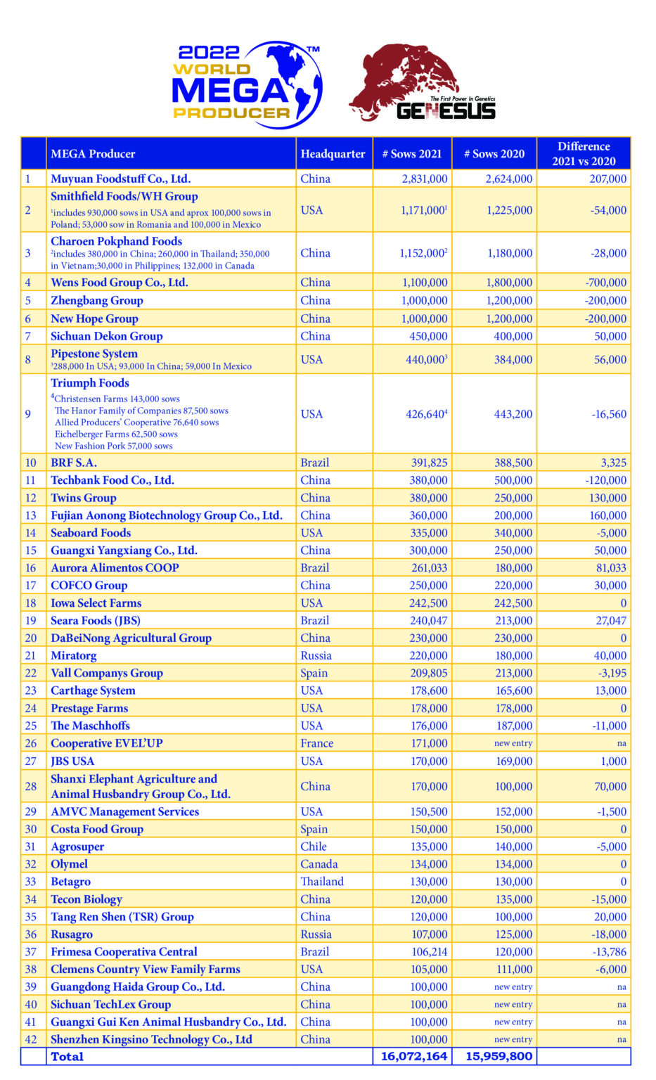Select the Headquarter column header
[x=333, y=154]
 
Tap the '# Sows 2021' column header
[x=411, y=154]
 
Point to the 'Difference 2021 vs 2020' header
[x=584, y=154]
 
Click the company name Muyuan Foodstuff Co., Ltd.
[x=120, y=179]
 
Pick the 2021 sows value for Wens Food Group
[x=424, y=283]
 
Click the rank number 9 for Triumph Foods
[x=28, y=414]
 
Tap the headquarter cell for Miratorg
[x=316, y=655]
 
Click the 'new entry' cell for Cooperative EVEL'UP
[x=513, y=743]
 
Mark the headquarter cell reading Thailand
[x=322, y=882]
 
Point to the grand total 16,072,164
[x=413, y=1056]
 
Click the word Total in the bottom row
[x=67, y=1056]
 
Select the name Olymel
[x=69, y=864]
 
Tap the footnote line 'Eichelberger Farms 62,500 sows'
[x=116, y=434]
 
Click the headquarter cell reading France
[x=316, y=743]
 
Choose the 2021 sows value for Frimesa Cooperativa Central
[x=429, y=952]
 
